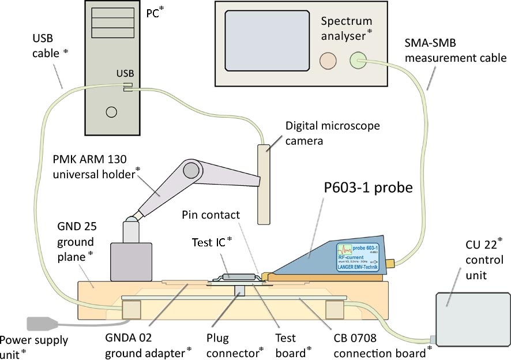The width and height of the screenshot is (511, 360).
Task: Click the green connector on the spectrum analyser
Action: [x=358, y=59]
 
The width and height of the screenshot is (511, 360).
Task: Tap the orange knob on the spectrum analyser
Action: [x=328, y=59]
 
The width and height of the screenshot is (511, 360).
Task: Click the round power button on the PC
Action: [x=112, y=111]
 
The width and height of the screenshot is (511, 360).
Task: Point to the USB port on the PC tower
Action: [x=127, y=87]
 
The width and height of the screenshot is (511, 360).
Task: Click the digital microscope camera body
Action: [x=264, y=184]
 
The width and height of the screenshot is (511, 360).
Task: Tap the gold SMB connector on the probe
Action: [x=390, y=264]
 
